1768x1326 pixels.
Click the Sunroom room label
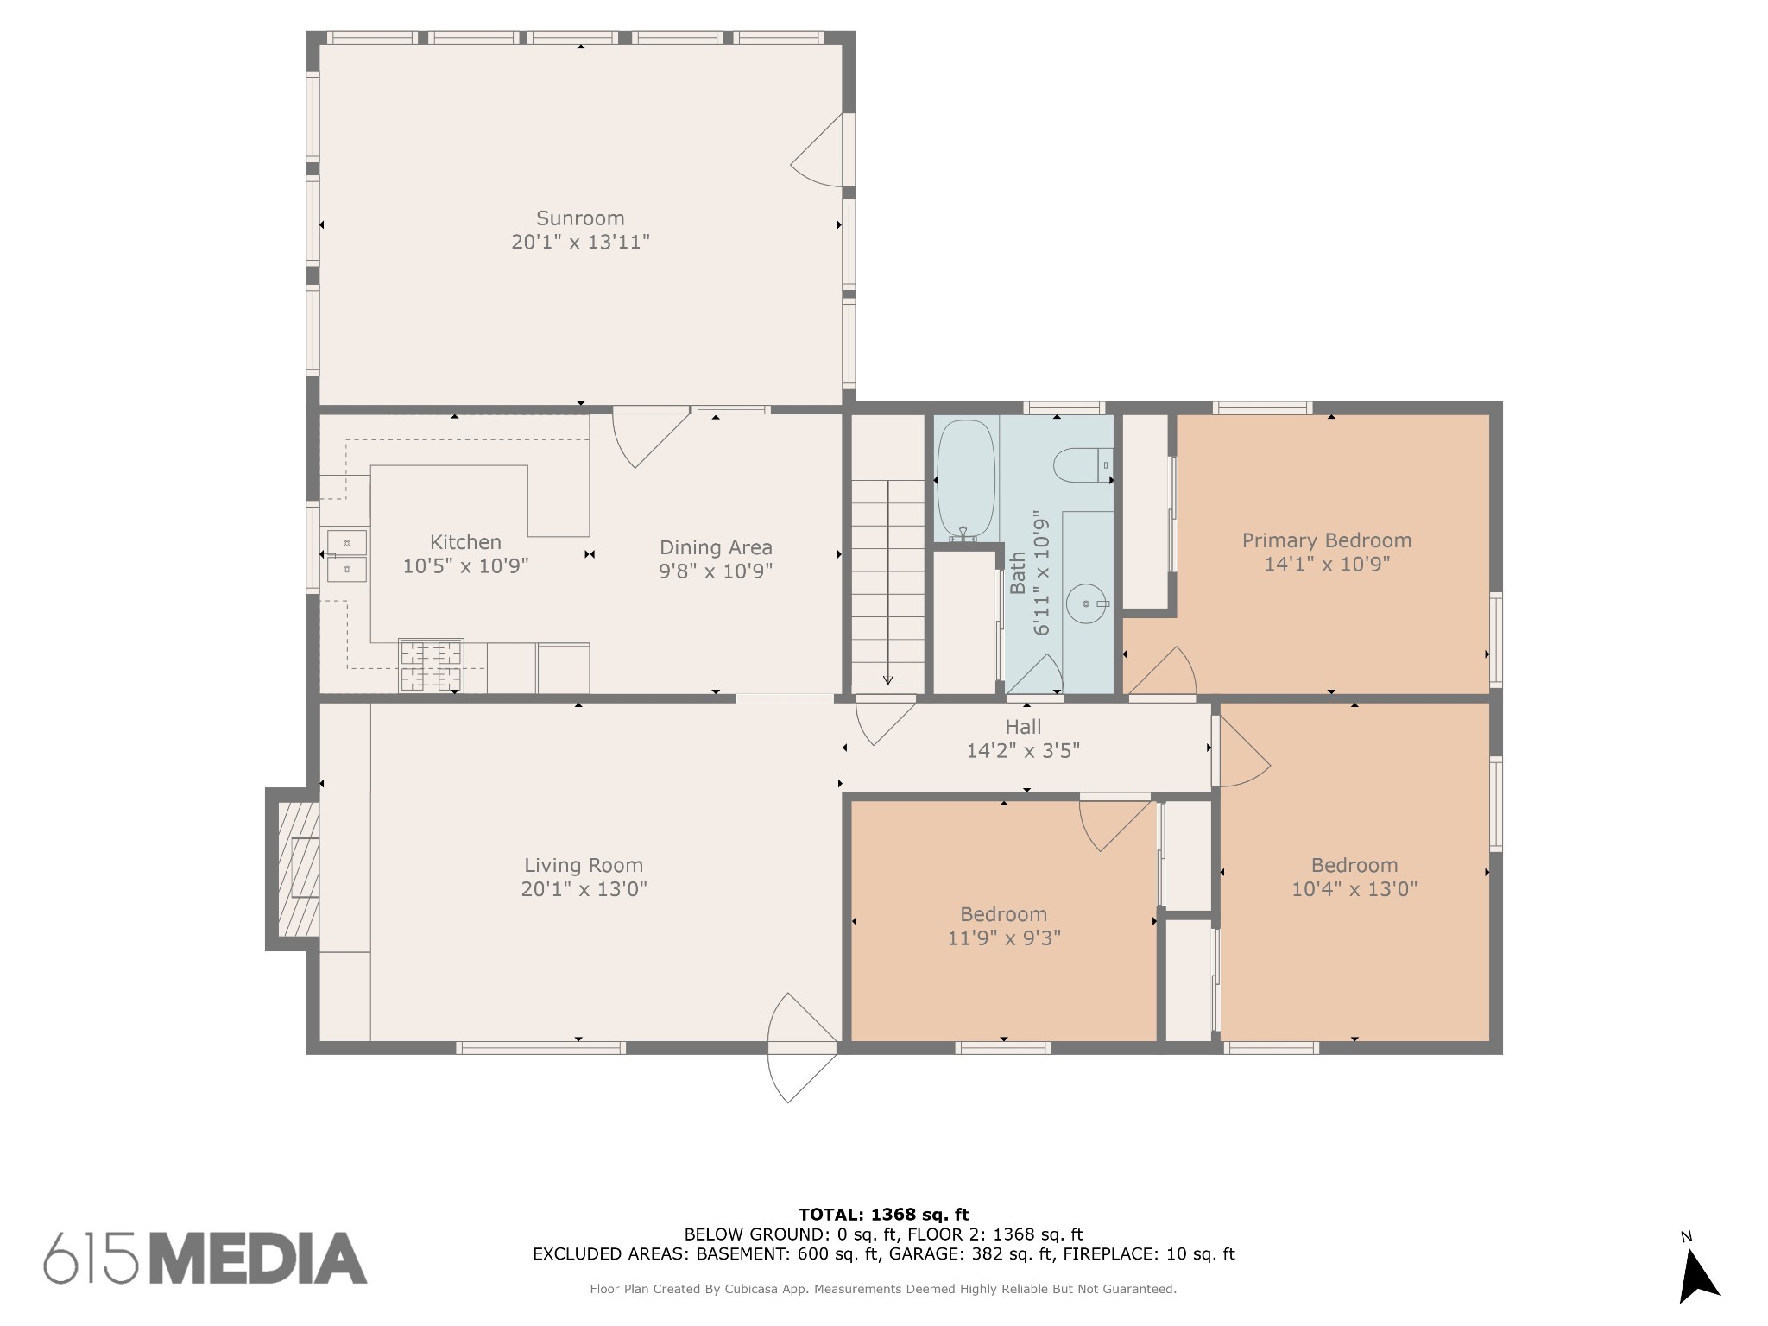[x=580, y=218]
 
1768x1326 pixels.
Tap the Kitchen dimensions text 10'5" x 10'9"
[x=466, y=566]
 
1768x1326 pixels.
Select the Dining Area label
[x=716, y=547]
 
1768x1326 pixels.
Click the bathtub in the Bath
[x=966, y=480]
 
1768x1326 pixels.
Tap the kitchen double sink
[x=346, y=556]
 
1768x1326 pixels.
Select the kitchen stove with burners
[x=431, y=666]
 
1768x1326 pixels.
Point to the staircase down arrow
[x=887, y=583]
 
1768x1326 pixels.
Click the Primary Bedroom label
[x=1327, y=540]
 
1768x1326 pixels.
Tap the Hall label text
[x=1023, y=727]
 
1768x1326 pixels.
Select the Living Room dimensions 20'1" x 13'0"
[x=584, y=889]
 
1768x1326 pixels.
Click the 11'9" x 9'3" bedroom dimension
[x=1004, y=938]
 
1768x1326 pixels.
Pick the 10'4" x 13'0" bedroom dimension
[x=1354, y=888]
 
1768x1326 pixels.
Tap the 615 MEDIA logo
[x=205, y=1258]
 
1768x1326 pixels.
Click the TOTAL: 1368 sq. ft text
[x=884, y=1215]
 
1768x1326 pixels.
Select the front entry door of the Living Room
[x=802, y=1048]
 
